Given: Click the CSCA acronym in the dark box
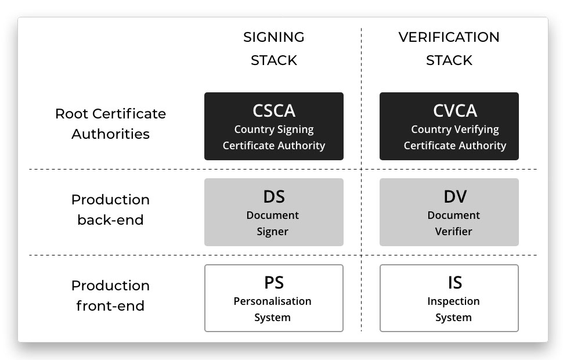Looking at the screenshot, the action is coord(274,111).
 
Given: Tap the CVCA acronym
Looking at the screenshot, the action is coord(455,111).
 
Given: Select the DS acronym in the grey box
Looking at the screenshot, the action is coord(274,196).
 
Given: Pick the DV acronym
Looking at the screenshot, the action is coord(455,196).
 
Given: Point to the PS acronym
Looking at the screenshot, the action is coord(274,282).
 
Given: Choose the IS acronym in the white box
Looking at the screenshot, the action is coord(455,282).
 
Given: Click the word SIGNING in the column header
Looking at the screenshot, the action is coord(274,37).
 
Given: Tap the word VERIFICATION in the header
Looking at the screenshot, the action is coord(449,37).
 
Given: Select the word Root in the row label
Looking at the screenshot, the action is coord(71,114).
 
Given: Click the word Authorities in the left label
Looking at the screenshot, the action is coord(111,134).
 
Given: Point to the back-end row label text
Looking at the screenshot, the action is coord(111,220).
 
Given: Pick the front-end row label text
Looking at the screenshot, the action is coord(111,306).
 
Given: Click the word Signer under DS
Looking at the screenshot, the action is coord(273,232).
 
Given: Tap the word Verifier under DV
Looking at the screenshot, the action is coord(453,231).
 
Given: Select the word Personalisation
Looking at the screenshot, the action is coord(273,301).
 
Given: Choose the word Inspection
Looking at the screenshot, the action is coord(453,301).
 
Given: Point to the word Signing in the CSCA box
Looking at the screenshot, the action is coord(296,129).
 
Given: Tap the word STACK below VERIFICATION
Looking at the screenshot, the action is coord(449,60).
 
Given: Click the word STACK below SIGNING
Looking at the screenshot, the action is coord(274,60).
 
